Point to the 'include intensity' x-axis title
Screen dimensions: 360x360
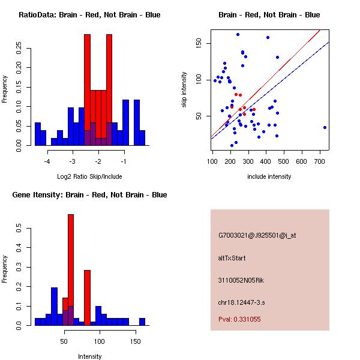click(269, 176)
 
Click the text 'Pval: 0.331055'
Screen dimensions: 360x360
click(239, 320)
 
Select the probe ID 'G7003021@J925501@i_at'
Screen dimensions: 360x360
click(257, 235)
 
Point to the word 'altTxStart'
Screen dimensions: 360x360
click(232, 258)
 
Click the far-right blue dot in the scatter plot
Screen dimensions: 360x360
click(325, 127)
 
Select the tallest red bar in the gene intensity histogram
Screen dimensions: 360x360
click(71, 270)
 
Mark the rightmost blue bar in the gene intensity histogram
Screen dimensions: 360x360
click(142, 322)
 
